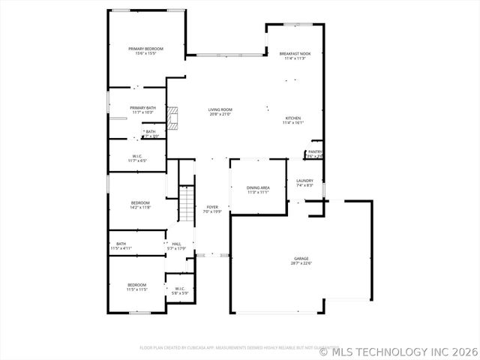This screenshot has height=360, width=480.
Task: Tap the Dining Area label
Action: click(x=258, y=189)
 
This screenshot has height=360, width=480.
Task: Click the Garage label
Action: click(x=301, y=259)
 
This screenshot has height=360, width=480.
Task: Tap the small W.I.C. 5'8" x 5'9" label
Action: click(x=180, y=290)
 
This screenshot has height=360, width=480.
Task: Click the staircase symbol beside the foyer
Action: click(x=187, y=201)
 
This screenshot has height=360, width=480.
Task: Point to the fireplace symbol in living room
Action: click(x=174, y=118)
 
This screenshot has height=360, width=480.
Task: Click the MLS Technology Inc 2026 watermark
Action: click(x=398, y=350)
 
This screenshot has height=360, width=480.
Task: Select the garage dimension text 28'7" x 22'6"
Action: click(x=301, y=263)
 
